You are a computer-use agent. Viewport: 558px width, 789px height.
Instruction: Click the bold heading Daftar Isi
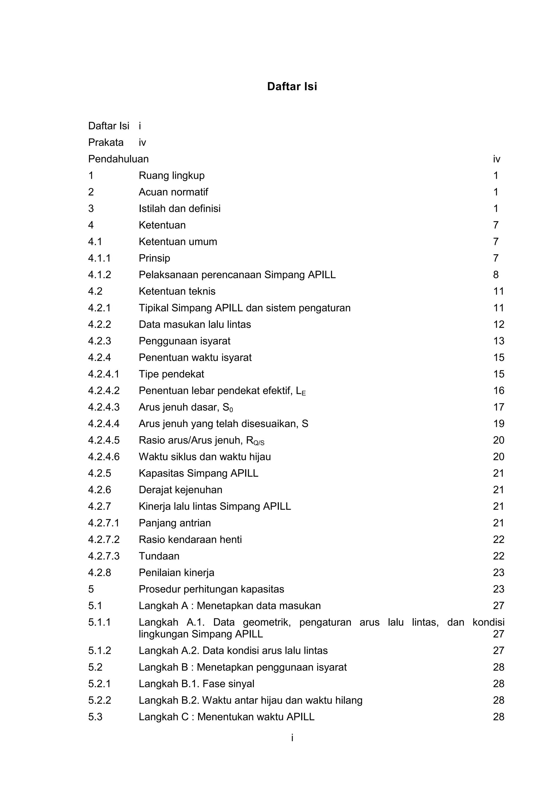(292, 86)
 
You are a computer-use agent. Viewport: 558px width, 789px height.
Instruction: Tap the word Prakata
(105, 142)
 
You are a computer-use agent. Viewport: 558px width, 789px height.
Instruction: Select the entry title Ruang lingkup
(171, 175)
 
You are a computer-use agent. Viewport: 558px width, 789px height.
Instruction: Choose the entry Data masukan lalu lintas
(195, 324)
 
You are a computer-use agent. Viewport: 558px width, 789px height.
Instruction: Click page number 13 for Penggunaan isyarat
(498, 341)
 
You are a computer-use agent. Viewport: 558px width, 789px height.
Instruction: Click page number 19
(498, 424)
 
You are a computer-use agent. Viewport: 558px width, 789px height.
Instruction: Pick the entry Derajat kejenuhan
(180, 490)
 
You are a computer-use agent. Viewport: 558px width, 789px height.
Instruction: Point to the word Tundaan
(159, 556)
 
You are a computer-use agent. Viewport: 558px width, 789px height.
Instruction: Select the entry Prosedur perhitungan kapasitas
(211, 589)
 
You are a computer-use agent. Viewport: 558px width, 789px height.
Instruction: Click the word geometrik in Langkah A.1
(266, 622)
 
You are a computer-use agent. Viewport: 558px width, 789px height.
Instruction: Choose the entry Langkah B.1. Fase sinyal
(196, 684)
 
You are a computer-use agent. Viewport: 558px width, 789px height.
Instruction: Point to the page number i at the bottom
(292, 737)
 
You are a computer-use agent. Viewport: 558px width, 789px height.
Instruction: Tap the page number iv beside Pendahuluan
(496, 159)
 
